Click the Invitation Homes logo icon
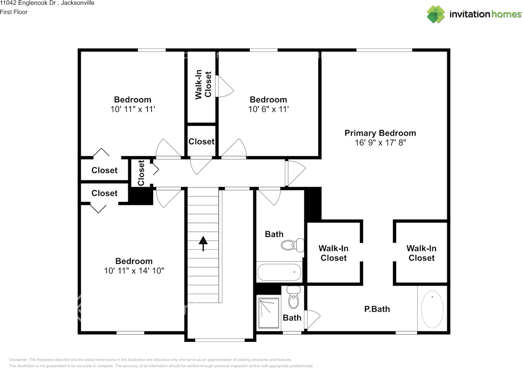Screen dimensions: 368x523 click(436, 14)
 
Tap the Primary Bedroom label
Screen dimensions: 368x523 click(380, 133)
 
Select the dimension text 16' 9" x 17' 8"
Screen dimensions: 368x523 click(380, 143)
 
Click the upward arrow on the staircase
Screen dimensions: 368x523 click(203, 243)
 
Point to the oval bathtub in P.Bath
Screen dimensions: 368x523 click(432, 309)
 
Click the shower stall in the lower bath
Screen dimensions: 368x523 click(269, 314)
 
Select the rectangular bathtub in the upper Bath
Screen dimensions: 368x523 click(279, 272)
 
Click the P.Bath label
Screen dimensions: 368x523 click(377, 309)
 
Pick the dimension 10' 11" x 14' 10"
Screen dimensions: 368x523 click(134, 271)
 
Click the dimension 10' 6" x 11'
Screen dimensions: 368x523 click(268, 109)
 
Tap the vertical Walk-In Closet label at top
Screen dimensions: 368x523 click(203, 85)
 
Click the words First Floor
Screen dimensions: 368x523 click(14, 12)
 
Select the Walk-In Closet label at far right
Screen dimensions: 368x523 click(421, 253)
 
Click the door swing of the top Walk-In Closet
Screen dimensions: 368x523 click(225, 87)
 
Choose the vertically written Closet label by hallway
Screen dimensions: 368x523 click(141, 173)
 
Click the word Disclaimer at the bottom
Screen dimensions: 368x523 click(18, 359)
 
